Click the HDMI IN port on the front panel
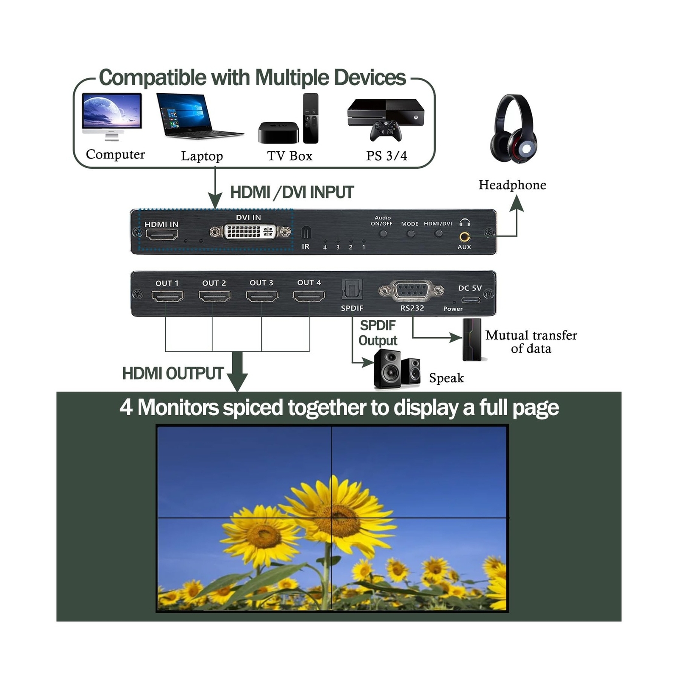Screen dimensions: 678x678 (161, 234)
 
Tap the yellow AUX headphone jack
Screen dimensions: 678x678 (464, 237)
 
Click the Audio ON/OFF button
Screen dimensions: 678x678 (383, 233)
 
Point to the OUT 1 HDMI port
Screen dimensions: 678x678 (167, 296)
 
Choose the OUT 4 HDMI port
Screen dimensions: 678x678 (309, 296)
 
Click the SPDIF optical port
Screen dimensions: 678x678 (352, 290)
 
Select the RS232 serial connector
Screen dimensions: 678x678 (412, 291)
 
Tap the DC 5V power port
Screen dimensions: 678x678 (470, 300)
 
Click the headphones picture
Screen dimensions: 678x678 (513, 129)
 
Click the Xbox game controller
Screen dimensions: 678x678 (386, 131)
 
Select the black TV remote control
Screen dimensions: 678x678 (311, 118)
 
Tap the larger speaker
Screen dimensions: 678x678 (387, 369)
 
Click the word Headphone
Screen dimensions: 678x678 (512, 185)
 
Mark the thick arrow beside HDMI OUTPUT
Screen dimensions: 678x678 (237, 371)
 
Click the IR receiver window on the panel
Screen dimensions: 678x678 (306, 233)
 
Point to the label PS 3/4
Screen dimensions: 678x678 (386, 156)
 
